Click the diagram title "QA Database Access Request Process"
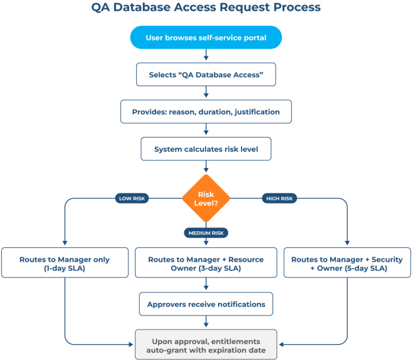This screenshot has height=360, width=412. click(x=206, y=8)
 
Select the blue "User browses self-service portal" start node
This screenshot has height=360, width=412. click(x=206, y=37)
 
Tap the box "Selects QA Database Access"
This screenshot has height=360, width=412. click(x=206, y=74)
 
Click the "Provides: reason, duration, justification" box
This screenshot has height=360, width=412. click(x=206, y=112)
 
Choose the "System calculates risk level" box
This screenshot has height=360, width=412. click(x=206, y=150)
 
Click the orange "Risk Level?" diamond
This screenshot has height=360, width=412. click(x=206, y=198)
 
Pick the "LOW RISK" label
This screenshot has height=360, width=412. click(x=132, y=198)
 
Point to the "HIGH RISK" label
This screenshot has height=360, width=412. click(x=280, y=198)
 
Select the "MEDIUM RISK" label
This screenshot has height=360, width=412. click(x=206, y=233)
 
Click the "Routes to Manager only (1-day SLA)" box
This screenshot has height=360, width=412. click(x=64, y=263)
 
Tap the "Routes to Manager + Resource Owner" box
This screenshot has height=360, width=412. click(x=206, y=263)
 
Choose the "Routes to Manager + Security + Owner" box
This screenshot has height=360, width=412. click(x=347, y=263)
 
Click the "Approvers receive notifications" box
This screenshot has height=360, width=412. click(x=206, y=304)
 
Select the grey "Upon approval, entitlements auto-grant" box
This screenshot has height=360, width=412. click(x=206, y=345)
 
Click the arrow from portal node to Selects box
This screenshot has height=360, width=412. click(x=206, y=56)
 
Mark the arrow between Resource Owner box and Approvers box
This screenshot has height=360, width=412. click(x=206, y=285)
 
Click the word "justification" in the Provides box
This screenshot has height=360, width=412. click(x=257, y=112)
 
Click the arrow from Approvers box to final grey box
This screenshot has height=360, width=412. click(x=206, y=323)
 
